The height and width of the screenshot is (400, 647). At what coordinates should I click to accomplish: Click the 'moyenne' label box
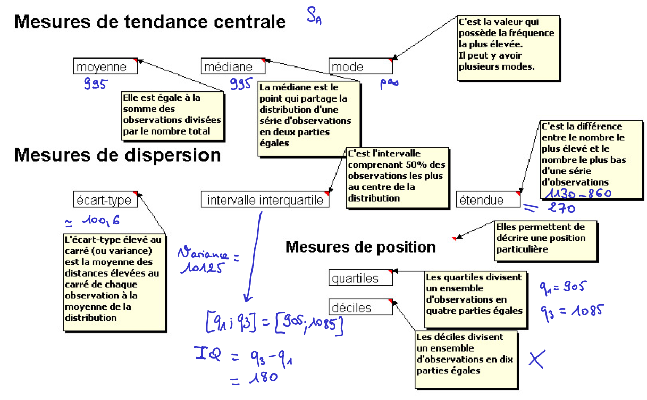coord(105,66)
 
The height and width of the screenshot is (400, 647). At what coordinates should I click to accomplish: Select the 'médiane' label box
coord(233,66)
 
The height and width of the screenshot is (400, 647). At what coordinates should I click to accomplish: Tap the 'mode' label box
coord(360,66)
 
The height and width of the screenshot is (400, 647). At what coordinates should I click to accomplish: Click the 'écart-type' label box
coord(105,200)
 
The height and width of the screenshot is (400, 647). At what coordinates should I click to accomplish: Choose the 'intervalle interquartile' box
coord(265,200)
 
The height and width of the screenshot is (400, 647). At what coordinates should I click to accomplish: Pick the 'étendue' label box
coord(488,200)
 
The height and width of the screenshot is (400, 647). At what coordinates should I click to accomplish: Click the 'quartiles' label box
coord(360,278)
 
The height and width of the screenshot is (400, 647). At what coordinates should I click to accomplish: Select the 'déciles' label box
coord(360,307)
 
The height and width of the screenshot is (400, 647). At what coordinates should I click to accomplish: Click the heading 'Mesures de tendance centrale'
coord(150,22)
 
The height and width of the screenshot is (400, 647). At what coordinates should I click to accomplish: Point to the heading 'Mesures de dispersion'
coord(117,155)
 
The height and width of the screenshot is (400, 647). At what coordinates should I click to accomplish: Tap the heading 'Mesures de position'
coord(360,247)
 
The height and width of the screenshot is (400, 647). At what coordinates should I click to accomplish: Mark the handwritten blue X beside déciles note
coord(537,359)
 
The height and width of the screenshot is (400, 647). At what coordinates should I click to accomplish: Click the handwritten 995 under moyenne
coord(96,83)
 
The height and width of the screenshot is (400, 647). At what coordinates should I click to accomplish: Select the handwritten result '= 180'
coord(254,379)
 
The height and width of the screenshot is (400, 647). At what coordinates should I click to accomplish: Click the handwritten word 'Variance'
coord(205,254)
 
